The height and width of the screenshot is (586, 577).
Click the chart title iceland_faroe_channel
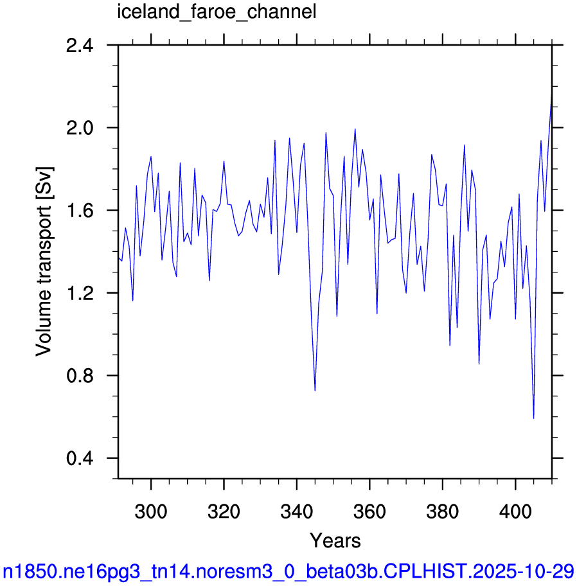(217, 12)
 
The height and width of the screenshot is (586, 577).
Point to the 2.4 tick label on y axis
(80, 46)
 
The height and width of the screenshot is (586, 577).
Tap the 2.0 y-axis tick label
(80, 128)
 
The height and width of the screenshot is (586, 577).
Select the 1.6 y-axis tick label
(80, 210)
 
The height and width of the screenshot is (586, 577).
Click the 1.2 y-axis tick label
(80, 293)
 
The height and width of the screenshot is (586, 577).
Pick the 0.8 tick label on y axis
(80, 376)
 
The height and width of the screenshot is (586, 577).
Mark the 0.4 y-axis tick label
(80, 458)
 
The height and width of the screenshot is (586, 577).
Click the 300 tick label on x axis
(151, 511)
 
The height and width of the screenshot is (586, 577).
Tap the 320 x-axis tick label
(224, 511)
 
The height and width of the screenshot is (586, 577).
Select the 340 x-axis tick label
(297, 511)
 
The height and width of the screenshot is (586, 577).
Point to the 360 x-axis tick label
(369, 511)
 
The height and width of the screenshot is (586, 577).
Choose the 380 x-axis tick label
(443, 511)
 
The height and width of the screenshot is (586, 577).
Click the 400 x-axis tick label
(515, 511)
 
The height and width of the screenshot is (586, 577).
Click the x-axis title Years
(335, 540)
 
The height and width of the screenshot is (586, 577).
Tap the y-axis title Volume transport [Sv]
(44, 262)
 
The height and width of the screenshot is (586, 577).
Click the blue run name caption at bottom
(288, 571)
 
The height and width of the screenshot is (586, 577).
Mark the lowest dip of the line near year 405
(534, 418)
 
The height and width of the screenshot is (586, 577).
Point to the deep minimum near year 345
(315, 391)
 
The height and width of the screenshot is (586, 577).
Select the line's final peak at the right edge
(551, 95)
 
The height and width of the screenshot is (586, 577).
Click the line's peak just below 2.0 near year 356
(355, 129)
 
